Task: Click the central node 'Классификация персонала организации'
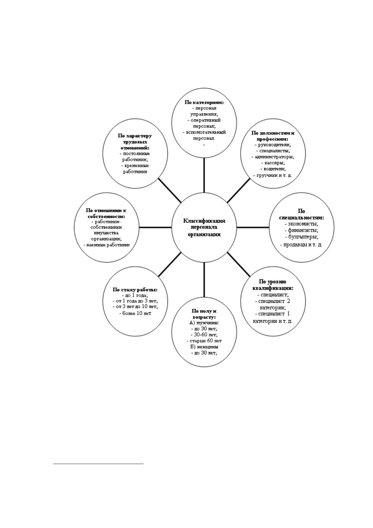tap(204, 227)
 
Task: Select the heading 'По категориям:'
tap(204, 103)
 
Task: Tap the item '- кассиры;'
tap(273, 163)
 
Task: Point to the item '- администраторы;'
tap(273, 156)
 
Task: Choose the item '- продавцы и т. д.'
tap(301, 245)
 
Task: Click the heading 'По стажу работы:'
tap(135, 290)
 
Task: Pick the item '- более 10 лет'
tap(135, 313)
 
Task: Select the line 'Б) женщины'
tap(204, 347)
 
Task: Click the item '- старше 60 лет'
tap(204, 341)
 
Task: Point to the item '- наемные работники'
tap(107, 245)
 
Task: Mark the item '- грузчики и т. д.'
tap(273, 175)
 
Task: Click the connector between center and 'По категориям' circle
tap(204, 175)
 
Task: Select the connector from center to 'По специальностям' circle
tap(253, 227)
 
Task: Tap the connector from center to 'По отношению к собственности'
tap(155, 227)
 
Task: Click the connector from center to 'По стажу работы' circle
tap(169, 264)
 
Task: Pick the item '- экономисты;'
tap(302, 224)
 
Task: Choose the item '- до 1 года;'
tap(135, 295)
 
